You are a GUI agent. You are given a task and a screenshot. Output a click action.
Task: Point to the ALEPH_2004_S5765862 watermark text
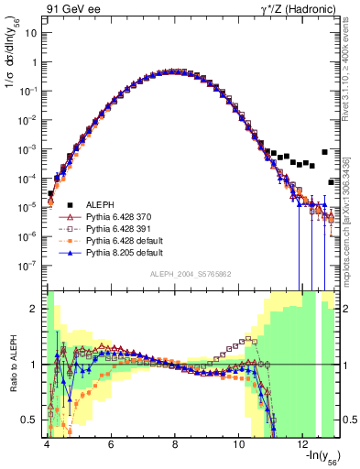[x=191, y=273]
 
